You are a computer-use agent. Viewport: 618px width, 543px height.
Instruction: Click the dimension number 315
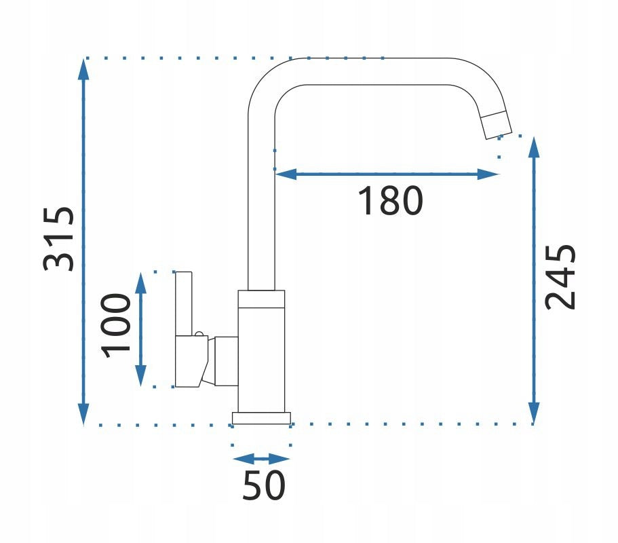[58, 238]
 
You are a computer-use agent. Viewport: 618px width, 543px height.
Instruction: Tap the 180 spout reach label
[390, 201]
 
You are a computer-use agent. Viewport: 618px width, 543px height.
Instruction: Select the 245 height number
[560, 277]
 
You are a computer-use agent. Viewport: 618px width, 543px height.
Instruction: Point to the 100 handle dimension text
[115, 326]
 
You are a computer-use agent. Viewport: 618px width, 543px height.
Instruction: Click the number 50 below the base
[264, 485]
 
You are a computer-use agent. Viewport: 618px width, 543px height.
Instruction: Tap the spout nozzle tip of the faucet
[497, 126]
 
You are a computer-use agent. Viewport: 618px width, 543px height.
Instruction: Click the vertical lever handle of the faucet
[184, 303]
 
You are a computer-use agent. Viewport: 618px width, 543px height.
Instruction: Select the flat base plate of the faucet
[261, 418]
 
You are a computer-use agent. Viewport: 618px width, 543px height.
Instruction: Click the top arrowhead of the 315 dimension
[83, 69]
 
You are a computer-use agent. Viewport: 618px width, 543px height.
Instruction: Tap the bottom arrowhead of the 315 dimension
[83, 415]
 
